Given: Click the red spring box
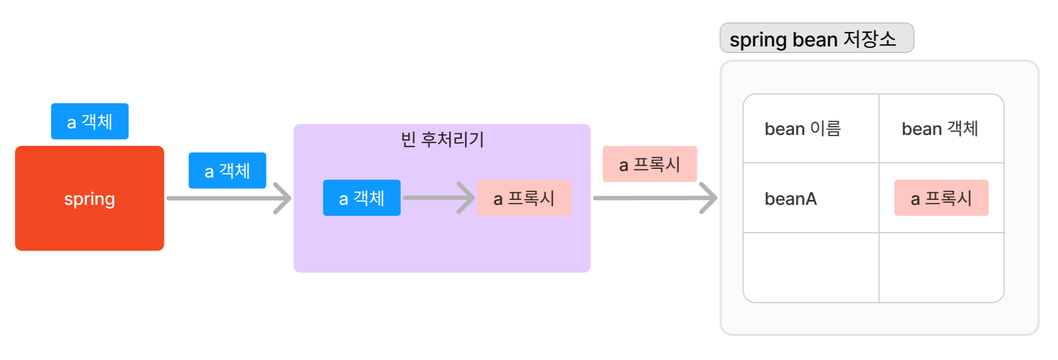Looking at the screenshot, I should point(90,224).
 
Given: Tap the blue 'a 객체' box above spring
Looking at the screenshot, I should point(90,121).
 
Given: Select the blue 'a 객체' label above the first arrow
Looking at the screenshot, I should point(227,170).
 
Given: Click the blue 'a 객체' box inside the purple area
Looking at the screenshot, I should point(362,198).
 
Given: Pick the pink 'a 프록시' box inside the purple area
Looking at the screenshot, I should point(524,198).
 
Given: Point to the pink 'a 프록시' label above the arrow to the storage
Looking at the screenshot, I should point(649,164).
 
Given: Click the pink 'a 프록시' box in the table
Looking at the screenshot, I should point(941,198).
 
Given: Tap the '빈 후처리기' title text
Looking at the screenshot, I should point(442,139).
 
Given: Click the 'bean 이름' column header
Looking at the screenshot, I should point(802,129).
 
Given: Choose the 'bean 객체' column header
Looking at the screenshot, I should point(939,129).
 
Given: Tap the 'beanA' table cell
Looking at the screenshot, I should point(791,199).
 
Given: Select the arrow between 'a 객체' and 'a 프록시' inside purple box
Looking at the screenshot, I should point(437,198).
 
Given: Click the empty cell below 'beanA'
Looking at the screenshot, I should point(811,268).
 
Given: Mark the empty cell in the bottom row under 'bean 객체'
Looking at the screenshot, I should point(941,268).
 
